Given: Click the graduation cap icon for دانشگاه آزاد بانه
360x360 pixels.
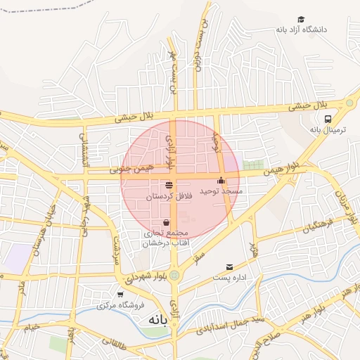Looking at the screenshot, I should click(x=301, y=19).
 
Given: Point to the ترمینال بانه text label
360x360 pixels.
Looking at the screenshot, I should click(x=326, y=129).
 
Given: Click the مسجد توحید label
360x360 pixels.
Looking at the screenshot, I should click(x=221, y=191).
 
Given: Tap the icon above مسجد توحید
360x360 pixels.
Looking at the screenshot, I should click(x=221, y=181).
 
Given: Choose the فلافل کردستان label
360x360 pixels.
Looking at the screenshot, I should click(x=169, y=197).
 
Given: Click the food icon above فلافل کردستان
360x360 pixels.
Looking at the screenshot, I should click(x=169, y=186).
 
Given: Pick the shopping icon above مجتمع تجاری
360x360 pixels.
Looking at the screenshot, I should click(x=166, y=222).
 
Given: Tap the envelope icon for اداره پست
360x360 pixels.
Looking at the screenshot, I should click(x=230, y=267).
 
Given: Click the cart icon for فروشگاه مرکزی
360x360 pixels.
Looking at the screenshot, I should click(x=120, y=295).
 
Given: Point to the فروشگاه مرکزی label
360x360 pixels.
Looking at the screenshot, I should click(x=120, y=305).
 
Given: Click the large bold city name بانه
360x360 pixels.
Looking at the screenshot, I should click(x=158, y=320).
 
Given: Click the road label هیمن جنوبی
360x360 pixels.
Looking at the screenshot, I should click(x=131, y=169).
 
